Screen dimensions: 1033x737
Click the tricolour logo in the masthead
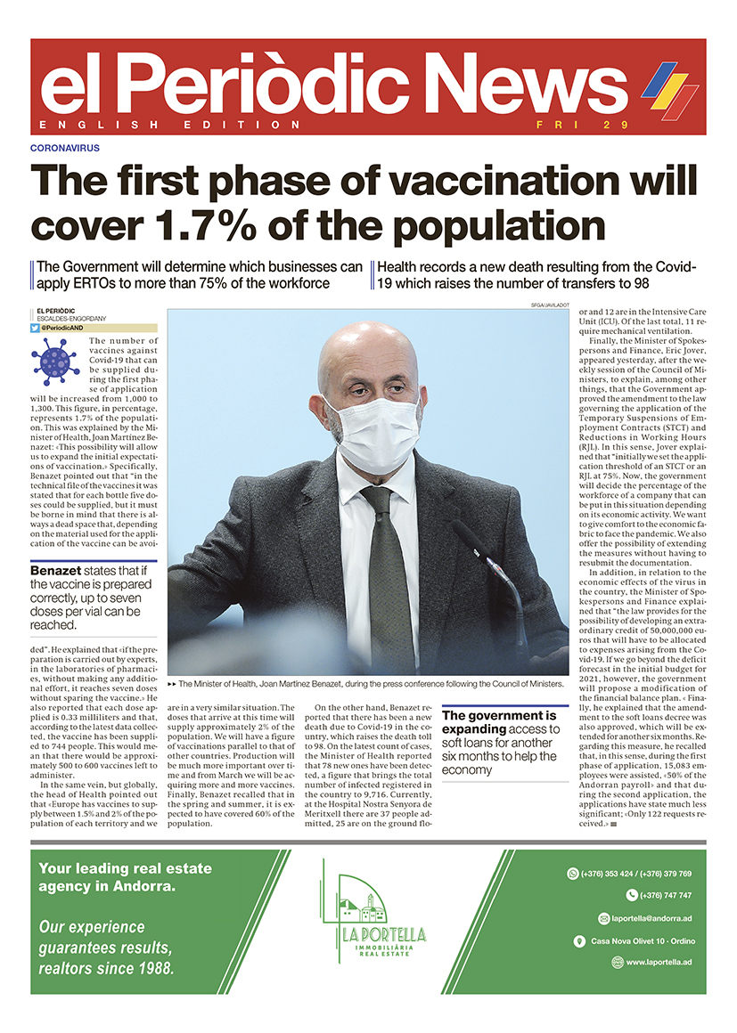coord(671,89)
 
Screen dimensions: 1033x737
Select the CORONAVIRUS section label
coord(64,148)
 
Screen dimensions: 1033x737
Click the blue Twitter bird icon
coord(35,328)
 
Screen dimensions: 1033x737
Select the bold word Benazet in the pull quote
coord(58,571)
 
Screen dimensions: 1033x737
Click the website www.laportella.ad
coord(659,962)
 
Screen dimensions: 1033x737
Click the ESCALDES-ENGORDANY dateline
coord(71,318)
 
